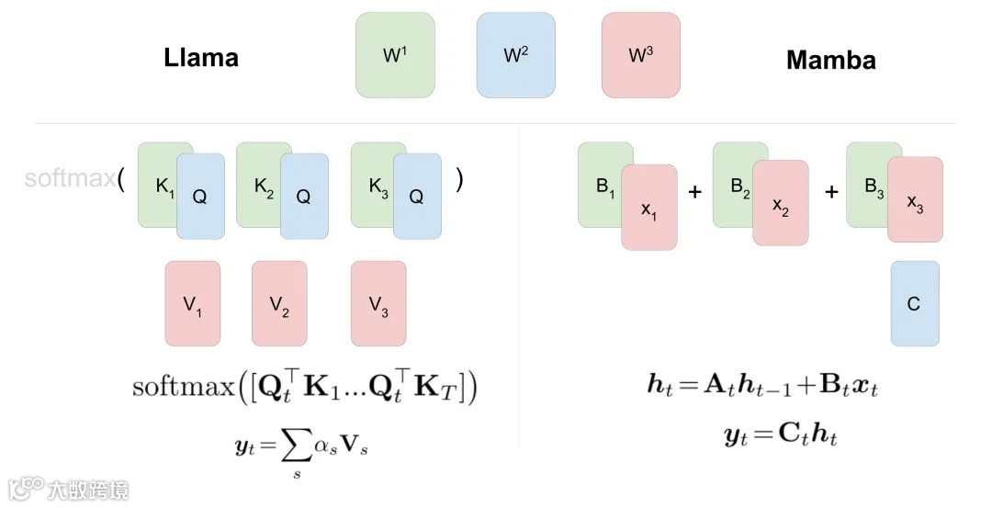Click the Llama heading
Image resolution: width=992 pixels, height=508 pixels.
[201, 58]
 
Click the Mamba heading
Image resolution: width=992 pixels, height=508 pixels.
[830, 61]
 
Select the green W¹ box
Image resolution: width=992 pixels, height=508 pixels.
[395, 54]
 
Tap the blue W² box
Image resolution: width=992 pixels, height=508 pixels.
[515, 54]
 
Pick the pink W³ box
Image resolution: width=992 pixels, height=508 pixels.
[640, 54]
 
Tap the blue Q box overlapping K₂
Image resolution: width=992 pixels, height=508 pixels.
[304, 197]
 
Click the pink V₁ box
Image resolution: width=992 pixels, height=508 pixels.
[192, 304]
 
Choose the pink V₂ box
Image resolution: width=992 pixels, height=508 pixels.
[279, 304]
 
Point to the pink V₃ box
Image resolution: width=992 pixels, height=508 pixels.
[378, 304]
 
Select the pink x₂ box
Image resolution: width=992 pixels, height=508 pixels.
[781, 203]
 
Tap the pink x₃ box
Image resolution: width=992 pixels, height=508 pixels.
[915, 199]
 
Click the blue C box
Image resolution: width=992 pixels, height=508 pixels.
[914, 303]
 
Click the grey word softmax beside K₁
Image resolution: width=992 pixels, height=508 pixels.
[69, 177]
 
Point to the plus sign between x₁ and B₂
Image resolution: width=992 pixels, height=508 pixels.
[694, 191]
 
